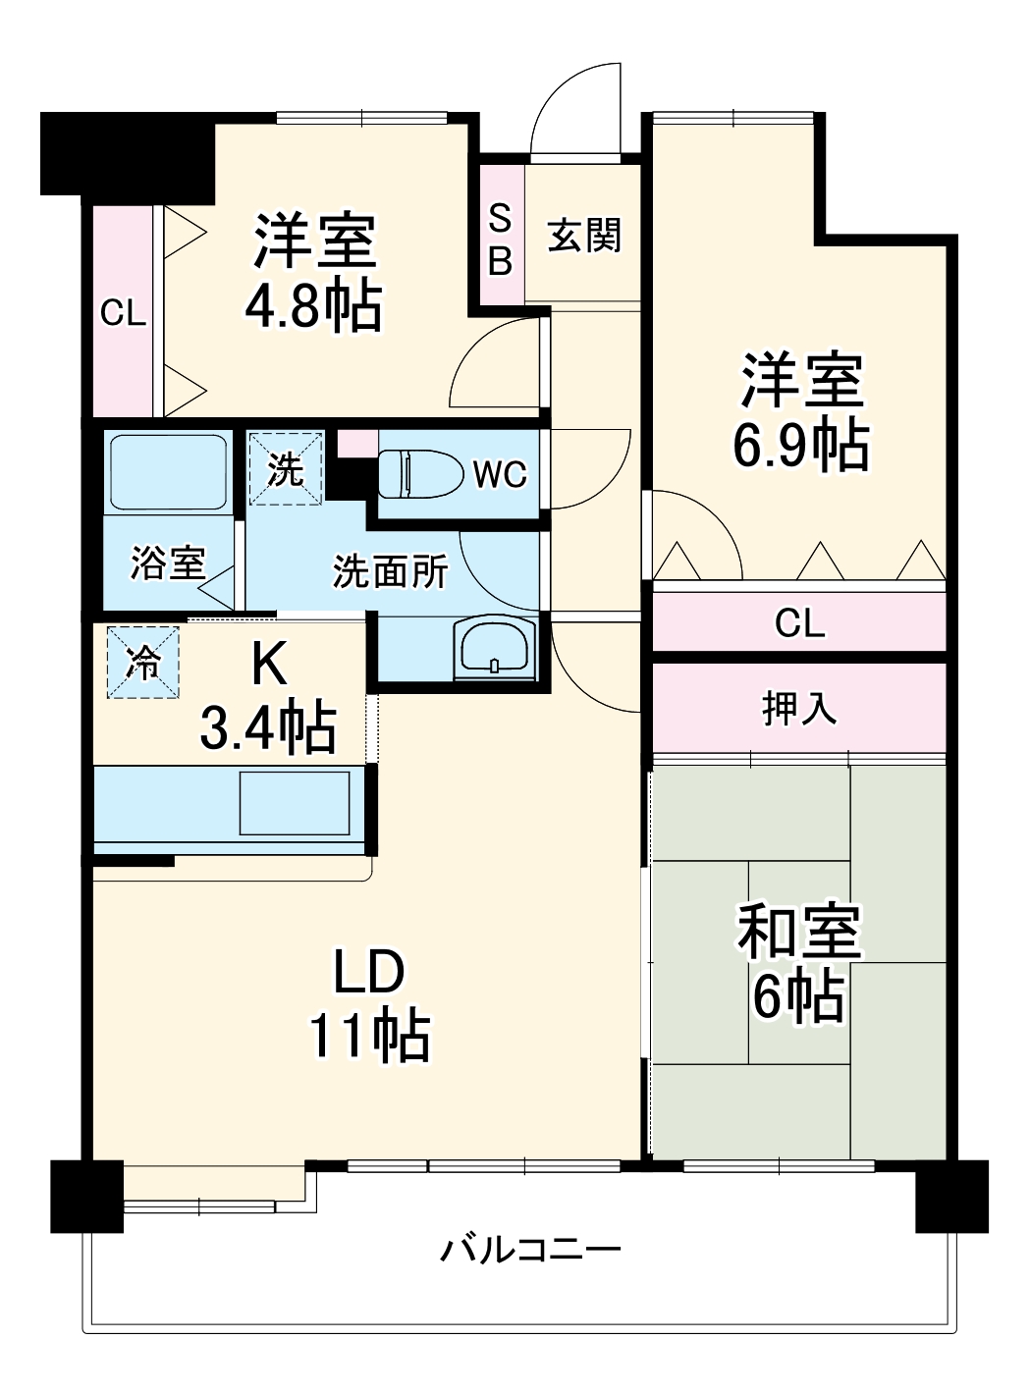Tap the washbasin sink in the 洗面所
tap(495, 648)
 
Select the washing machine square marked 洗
tap(285, 468)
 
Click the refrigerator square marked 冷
tap(143, 663)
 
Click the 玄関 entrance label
tap(584, 236)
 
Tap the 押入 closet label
tap(799, 707)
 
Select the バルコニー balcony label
tap(530, 1250)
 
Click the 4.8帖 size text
tap(313, 306)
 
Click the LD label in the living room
tap(368, 972)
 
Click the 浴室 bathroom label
tap(168, 563)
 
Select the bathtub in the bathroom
tap(168, 470)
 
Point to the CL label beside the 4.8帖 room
tap(123, 313)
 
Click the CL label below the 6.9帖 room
tap(799, 622)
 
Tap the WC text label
tap(500, 475)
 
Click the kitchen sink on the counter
tap(296, 803)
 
